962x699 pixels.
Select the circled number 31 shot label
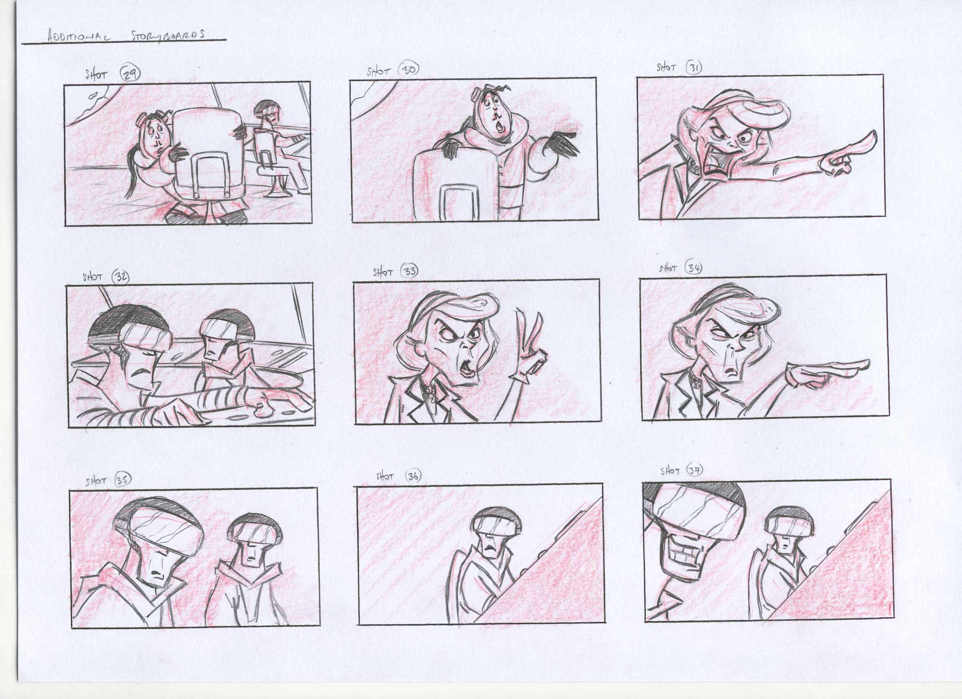[694, 68]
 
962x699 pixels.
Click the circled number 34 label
[694, 268]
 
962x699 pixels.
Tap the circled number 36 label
[413, 476]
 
